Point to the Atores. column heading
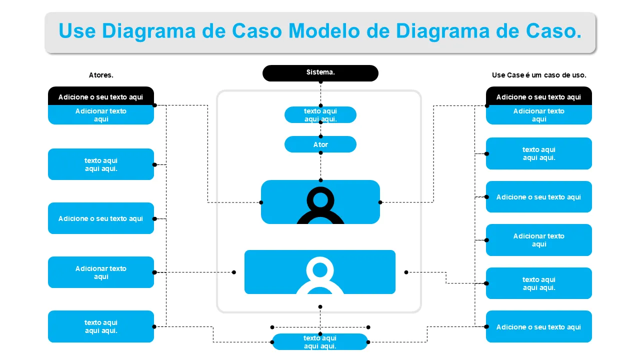(x=101, y=75)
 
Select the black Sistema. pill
(x=320, y=73)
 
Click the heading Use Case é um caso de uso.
(x=539, y=75)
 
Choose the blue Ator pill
(x=320, y=144)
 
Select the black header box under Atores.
(x=101, y=96)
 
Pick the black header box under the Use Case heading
(x=539, y=96)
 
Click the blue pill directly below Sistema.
(x=320, y=115)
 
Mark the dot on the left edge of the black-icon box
(x=261, y=202)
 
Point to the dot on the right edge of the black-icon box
(x=380, y=202)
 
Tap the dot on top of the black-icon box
(x=320, y=180)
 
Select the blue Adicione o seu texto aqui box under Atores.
(x=101, y=218)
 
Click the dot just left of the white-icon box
(x=234, y=272)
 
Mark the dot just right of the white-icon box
(x=406, y=272)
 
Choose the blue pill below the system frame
(x=320, y=342)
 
